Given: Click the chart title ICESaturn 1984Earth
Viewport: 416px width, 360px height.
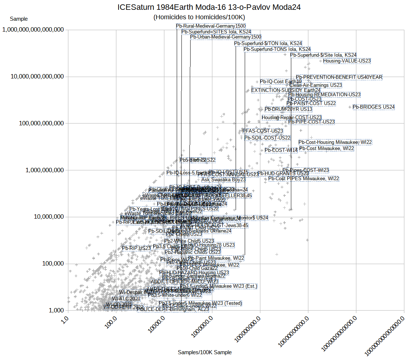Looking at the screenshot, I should pyautogui.click(x=209, y=7).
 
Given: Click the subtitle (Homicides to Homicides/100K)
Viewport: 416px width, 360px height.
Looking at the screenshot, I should pyautogui.click(x=199, y=17).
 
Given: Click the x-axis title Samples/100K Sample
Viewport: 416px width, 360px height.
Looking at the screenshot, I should pyautogui.click(x=205, y=352).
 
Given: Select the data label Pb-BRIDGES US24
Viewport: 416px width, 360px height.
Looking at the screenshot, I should pyautogui.click(x=373, y=107).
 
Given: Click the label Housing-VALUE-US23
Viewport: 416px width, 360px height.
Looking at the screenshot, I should pyautogui.click(x=347, y=61).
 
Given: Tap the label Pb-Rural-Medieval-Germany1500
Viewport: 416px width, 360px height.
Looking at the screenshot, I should pyautogui.click(x=211, y=26).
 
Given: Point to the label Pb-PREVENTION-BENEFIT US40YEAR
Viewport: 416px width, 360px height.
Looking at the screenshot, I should pyautogui.click(x=339, y=77).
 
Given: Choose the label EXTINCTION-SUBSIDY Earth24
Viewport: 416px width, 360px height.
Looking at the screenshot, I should pyautogui.click(x=286, y=90).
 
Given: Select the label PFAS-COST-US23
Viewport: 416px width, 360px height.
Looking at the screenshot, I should pyautogui.click(x=263, y=131).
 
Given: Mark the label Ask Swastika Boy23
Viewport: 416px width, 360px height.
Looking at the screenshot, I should pyautogui.click(x=223, y=180).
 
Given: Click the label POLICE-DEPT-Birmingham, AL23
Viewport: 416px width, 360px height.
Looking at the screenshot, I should pyautogui.click(x=173, y=310).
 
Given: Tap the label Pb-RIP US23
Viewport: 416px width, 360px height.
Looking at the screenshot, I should pyautogui.click(x=136, y=248).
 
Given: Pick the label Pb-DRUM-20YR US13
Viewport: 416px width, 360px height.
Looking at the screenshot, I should pyautogui.click(x=288, y=109).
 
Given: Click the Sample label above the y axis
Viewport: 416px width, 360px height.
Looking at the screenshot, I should pyautogui.click(x=19, y=19).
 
